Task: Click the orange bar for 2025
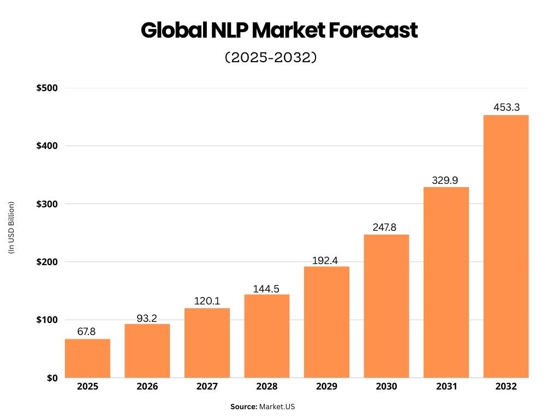pyautogui.click(x=87, y=358)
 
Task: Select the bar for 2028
pyautogui.click(x=267, y=336)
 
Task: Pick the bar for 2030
pyautogui.click(x=386, y=306)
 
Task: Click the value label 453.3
pyautogui.click(x=506, y=107)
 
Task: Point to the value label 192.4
pyautogui.click(x=326, y=260)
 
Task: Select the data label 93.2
pyautogui.click(x=147, y=318)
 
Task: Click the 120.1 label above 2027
pyautogui.click(x=207, y=301)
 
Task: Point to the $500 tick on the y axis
pyautogui.click(x=46, y=88)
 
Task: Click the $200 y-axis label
pyautogui.click(x=46, y=262)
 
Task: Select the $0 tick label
pyautogui.click(x=52, y=378)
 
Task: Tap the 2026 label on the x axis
pyautogui.click(x=147, y=387)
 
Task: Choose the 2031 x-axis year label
pyautogui.click(x=446, y=387)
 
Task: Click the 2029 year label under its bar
pyautogui.click(x=326, y=387)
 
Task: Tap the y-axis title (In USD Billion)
pyautogui.click(x=11, y=228)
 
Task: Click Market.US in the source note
pyautogui.click(x=277, y=406)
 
